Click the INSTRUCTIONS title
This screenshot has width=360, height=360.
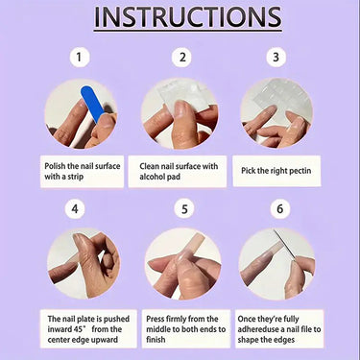188,17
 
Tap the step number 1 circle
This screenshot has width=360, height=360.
79,58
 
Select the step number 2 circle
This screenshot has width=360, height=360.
182,58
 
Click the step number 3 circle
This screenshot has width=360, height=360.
276,58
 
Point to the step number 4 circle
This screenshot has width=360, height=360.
75,209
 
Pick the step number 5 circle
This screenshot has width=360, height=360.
184,209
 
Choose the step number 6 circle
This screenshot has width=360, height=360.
280,209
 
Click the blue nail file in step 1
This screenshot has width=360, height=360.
92,104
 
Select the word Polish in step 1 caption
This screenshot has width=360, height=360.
55,166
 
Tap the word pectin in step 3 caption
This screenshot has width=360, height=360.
300,171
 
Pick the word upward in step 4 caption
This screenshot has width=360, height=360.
105,340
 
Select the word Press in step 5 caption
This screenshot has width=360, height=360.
156,319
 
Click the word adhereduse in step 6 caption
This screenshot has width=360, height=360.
258,329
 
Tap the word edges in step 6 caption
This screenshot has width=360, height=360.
284,340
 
